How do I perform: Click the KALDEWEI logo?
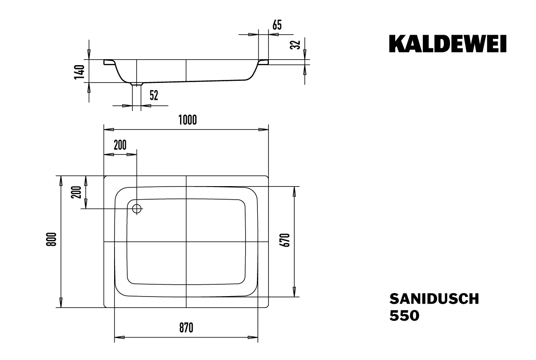coord(447,44)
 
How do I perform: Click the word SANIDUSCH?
coord(434,299)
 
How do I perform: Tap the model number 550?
coord(404,316)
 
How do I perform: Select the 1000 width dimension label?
coord(186,121)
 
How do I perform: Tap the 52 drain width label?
coord(153,95)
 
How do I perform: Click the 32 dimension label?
coord(296,44)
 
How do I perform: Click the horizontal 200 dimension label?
coord(120,145)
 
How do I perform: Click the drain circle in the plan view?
coord(137,208)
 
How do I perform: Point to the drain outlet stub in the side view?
coord(137,84)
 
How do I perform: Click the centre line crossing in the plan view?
coord(186,242)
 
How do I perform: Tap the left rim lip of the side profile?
coord(109,62)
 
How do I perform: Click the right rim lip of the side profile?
coord(263,62)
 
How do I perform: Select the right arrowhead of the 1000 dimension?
coord(265,130)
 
